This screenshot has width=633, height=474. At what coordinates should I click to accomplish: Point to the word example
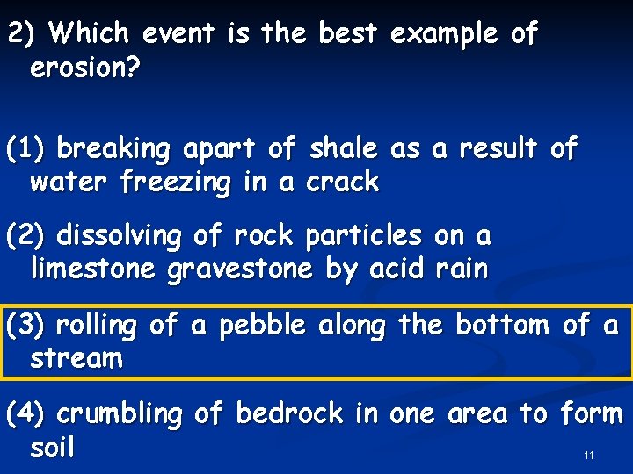443,34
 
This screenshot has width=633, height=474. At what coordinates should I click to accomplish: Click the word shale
344,149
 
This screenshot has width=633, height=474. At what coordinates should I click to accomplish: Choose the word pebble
261,326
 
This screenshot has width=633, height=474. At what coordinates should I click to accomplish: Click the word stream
76,358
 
